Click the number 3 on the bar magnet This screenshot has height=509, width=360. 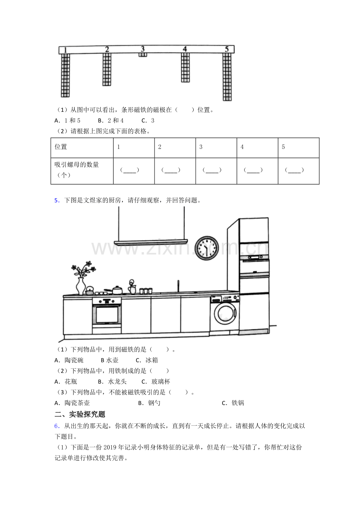click(x=142, y=49)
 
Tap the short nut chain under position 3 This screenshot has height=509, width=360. click(x=143, y=55)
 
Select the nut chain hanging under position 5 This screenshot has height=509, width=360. click(x=227, y=77)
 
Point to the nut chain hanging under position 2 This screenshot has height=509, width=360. click(x=107, y=70)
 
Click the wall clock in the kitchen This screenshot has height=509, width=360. click(x=207, y=248)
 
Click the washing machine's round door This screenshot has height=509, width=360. click(x=226, y=314)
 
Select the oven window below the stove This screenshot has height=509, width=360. click(x=107, y=315)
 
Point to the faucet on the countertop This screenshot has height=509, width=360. click(x=178, y=286)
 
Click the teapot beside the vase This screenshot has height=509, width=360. click(x=90, y=290)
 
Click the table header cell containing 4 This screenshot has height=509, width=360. click(x=257, y=148)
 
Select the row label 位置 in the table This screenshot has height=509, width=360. click(x=61, y=147)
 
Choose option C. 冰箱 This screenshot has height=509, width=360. click(x=147, y=360)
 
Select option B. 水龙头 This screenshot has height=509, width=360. click(x=112, y=382)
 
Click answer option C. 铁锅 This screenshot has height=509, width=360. click(x=233, y=403)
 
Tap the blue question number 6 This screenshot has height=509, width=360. click(x=57, y=426)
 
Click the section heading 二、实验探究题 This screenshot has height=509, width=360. click(x=80, y=414)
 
